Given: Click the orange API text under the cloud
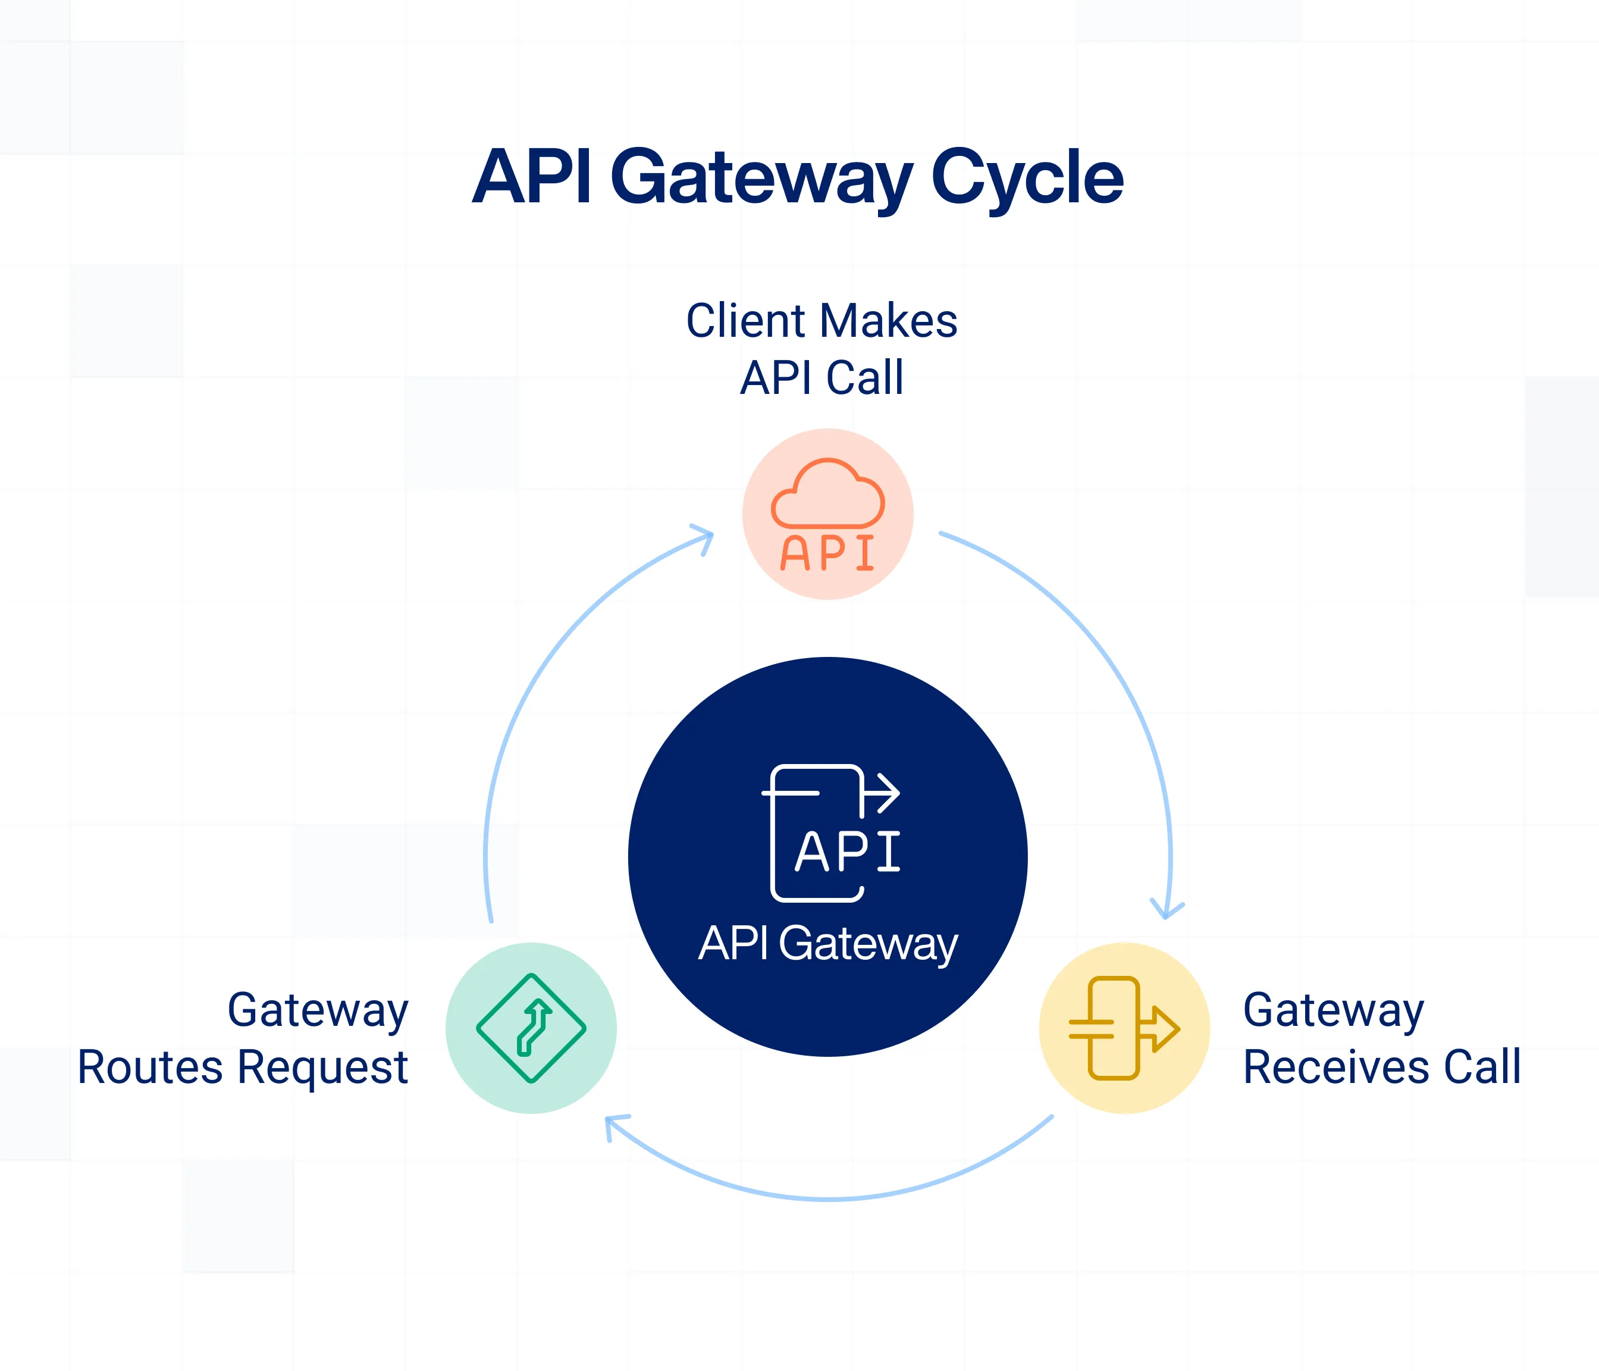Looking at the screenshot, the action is (828, 553).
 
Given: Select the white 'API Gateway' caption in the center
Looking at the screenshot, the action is (828, 944).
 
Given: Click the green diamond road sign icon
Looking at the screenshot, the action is (531, 1028).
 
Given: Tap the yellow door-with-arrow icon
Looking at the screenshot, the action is (1124, 1028).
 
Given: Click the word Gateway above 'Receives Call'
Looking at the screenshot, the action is (1334, 1011).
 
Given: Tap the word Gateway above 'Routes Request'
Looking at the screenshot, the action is (318, 1011).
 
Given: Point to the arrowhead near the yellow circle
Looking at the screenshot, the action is (1167, 909).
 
